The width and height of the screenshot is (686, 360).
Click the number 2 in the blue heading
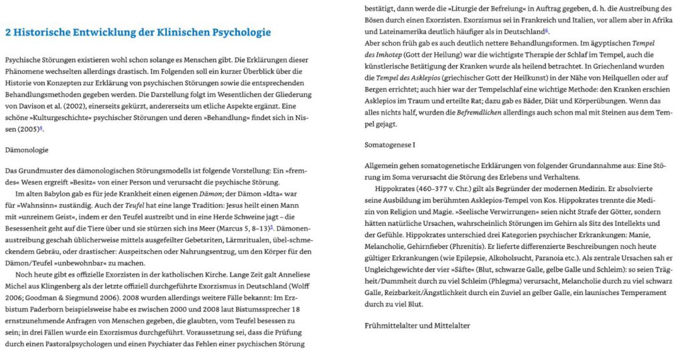[8, 32]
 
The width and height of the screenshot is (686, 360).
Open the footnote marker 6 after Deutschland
[547, 30]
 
